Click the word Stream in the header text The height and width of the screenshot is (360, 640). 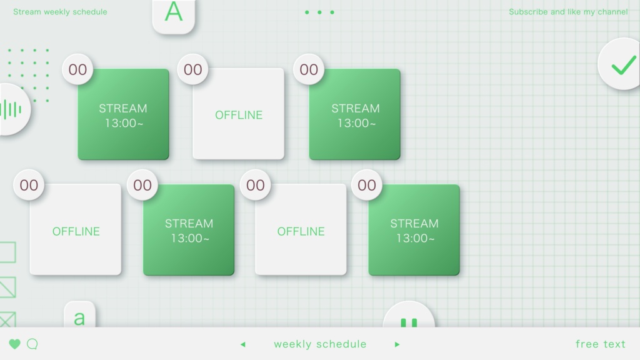point(27,12)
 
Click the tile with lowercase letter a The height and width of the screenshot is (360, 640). point(79,315)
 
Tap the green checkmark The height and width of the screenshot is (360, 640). point(624,65)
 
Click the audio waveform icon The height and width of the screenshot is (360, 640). point(11,109)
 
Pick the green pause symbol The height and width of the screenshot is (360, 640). point(409,323)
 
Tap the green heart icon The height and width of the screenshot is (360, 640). point(15,344)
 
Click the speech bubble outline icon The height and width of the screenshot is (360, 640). point(32,344)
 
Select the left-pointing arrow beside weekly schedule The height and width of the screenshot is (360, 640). point(243,344)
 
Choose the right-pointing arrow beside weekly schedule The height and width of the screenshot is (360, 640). point(397,344)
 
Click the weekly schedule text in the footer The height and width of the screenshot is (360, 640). point(320,344)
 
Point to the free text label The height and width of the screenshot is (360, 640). point(601,344)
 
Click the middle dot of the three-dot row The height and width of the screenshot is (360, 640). point(319,12)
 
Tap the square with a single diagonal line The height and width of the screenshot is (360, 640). point(7,287)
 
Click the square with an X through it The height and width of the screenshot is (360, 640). point(7,319)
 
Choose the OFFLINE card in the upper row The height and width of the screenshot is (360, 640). point(238,114)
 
